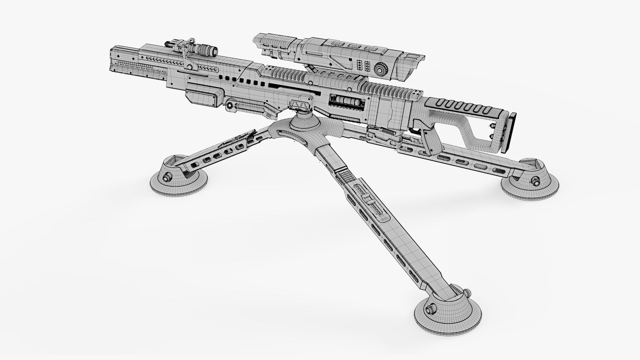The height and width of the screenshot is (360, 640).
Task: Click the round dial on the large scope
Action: [x=380, y=69]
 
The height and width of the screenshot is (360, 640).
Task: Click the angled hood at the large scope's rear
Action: [x=413, y=62]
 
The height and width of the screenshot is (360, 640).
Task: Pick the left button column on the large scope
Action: [x=360, y=65]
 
